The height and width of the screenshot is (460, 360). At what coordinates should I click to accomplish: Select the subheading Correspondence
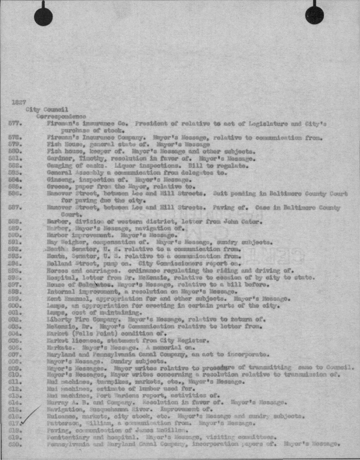point(61,117)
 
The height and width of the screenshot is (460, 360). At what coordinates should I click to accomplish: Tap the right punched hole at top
point(314,15)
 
